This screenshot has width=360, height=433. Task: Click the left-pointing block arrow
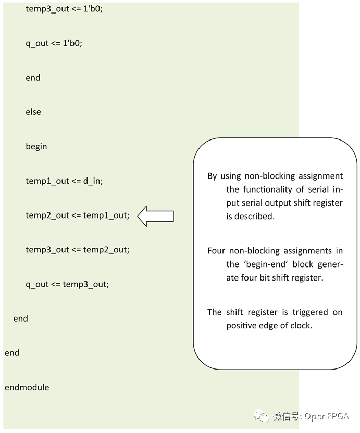(x=155, y=215)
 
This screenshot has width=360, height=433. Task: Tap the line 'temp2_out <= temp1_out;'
(x=77, y=215)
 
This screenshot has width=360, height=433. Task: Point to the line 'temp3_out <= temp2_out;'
(x=77, y=250)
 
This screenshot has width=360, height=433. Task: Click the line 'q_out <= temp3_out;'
(x=67, y=284)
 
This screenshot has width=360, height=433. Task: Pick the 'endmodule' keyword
(x=27, y=387)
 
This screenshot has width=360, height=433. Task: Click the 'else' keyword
(x=33, y=112)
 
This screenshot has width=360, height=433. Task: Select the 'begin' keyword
(x=36, y=146)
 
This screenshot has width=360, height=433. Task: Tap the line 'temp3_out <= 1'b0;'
(x=64, y=9)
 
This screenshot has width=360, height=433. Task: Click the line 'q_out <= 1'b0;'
(x=54, y=43)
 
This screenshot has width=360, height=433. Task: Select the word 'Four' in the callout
(x=216, y=251)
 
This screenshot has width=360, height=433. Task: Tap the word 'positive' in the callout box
(x=241, y=326)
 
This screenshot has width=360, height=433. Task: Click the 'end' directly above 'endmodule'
(x=12, y=353)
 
